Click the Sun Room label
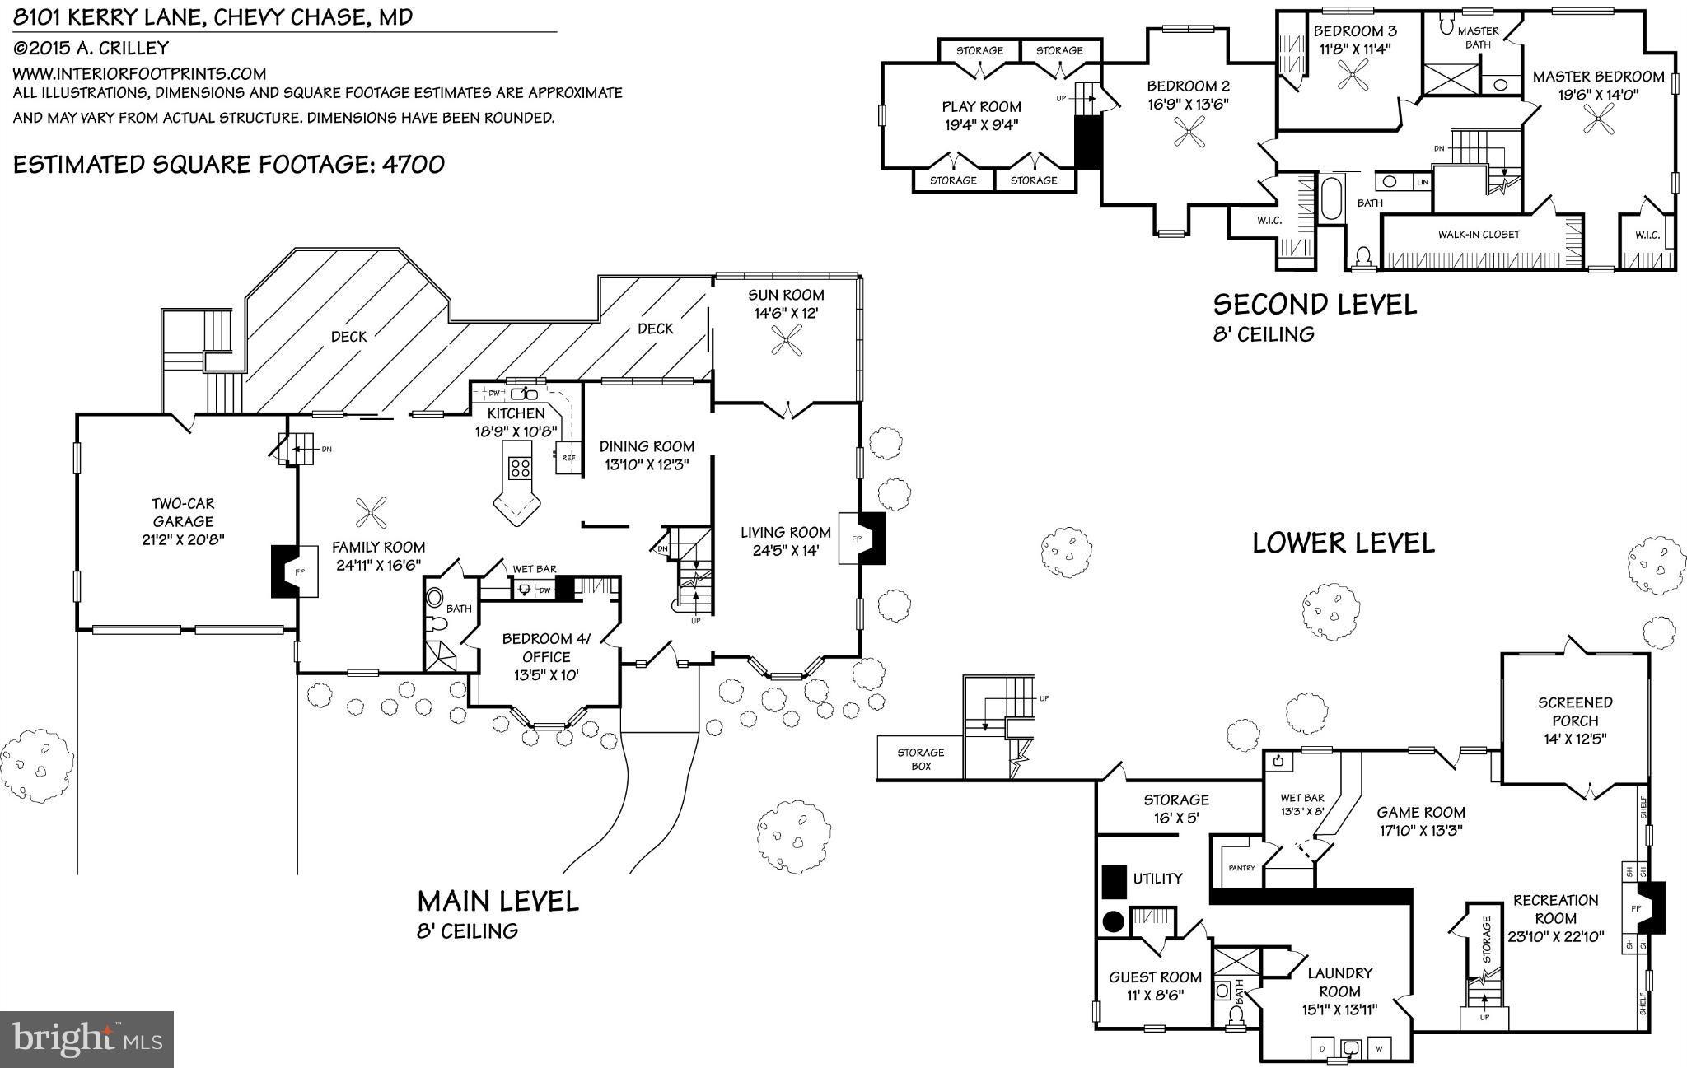pos(786,295)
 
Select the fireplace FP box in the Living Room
pos(855,539)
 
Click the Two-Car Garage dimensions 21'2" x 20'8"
pos(183,540)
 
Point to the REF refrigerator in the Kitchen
pos(568,458)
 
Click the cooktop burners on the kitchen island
pos(520,469)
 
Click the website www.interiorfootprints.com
pos(139,73)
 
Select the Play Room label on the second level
pos(981,106)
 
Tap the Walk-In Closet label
pos(1479,235)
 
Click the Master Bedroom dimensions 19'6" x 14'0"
pos(1598,95)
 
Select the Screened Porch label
pos(1575,711)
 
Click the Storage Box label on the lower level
pos(920,758)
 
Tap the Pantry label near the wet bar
pos(1241,868)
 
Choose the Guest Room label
pos(1155,977)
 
